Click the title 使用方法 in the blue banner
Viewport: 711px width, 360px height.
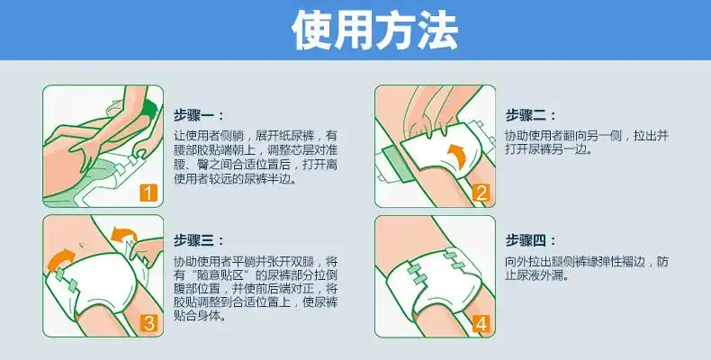pyautogui.click(x=355, y=31)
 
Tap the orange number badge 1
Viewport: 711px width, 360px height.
pyautogui.click(x=149, y=192)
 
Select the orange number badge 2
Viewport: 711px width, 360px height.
pyautogui.click(x=481, y=192)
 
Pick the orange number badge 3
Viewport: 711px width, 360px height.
pyautogui.click(x=149, y=322)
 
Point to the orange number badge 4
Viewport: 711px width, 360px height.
pyautogui.click(x=481, y=322)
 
